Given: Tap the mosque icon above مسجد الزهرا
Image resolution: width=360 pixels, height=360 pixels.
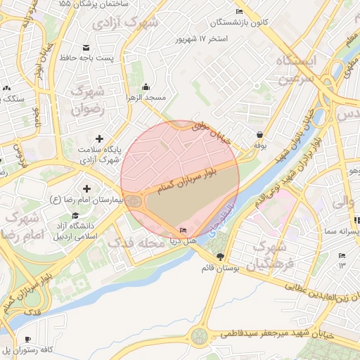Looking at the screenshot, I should coord(146,86).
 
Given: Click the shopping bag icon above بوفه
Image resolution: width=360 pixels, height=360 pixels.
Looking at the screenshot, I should coord(259,134).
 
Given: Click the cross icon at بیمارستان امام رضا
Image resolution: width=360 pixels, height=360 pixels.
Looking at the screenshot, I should coord(87,189).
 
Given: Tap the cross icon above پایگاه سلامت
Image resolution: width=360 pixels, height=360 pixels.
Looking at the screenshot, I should coord(99,139).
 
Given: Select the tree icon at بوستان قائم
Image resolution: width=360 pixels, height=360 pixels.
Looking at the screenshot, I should coord(221,257).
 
